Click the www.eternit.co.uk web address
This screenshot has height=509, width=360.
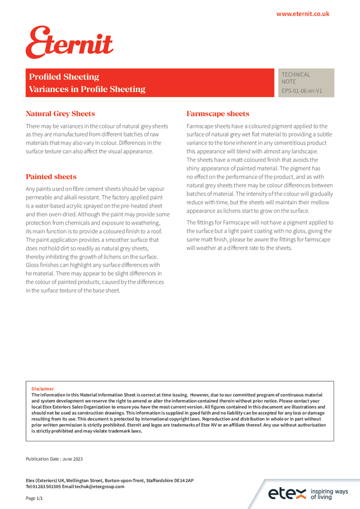[302, 14]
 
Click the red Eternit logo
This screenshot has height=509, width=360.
[69, 43]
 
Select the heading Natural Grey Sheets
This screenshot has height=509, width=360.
[60, 114]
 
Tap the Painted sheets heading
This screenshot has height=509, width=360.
[51, 177]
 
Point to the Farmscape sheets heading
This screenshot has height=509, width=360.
[218, 114]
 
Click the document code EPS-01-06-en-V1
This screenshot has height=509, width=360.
[302, 91]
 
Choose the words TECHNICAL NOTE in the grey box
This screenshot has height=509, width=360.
[296, 78]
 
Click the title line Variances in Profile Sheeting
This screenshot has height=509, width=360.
[87, 89]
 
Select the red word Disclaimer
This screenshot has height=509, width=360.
[43, 389]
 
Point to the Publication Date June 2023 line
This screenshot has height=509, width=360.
[54, 459]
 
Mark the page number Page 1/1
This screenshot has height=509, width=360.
[35, 498]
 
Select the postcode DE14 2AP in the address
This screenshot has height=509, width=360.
[182, 480]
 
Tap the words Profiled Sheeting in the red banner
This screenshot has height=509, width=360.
[64, 77]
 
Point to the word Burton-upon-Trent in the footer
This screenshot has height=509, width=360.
[116, 480]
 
